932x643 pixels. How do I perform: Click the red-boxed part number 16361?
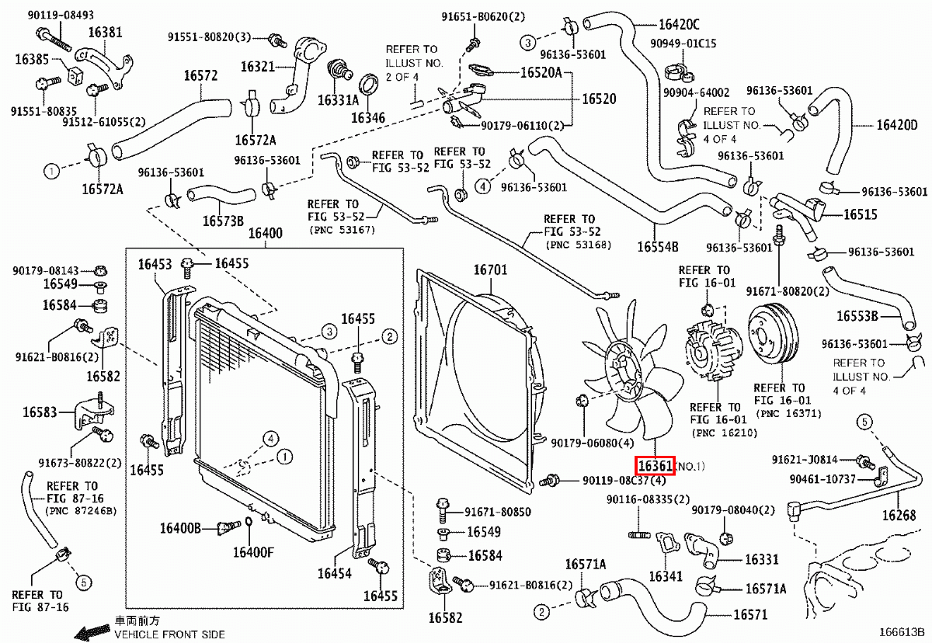pos(655,466)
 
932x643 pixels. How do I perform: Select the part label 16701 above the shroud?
pos(490,270)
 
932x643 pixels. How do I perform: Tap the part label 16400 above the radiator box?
pos(266,234)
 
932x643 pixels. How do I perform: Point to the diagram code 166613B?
pos(902,634)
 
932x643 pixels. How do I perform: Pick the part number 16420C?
pos(679,23)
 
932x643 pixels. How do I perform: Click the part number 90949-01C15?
pos(690,43)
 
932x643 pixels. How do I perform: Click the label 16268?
pos(899,515)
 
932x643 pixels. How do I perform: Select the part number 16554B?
pos(658,247)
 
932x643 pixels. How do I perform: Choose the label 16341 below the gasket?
pos(666,576)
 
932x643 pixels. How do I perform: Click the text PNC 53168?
pos(579,245)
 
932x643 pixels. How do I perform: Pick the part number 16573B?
pos(223,221)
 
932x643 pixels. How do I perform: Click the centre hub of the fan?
pos(629,371)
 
